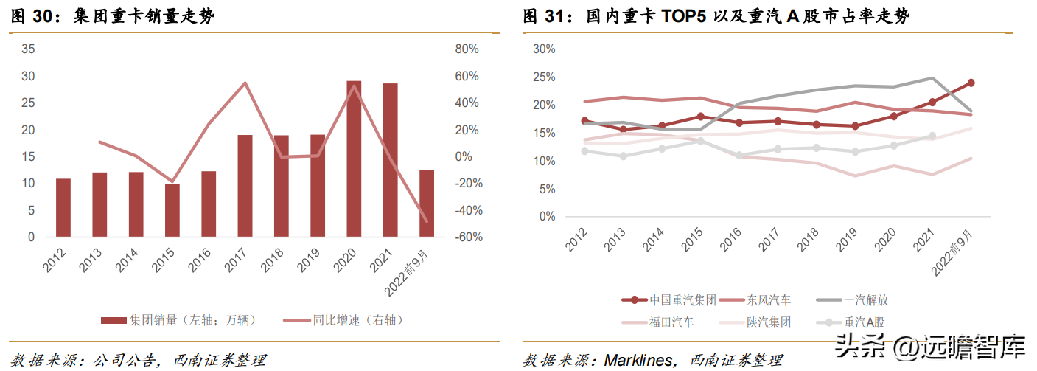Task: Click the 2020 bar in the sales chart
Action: click(x=354, y=159)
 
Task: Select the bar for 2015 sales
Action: click(x=172, y=210)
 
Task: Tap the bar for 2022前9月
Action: click(x=427, y=204)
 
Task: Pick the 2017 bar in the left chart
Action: click(x=245, y=186)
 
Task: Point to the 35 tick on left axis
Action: click(x=29, y=49)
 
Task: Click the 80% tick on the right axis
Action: click(x=467, y=49)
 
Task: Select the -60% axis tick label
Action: click(x=467, y=237)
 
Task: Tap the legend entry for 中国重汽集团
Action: click(x=671, y=300)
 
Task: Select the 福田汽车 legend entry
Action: click(x=660, y=322)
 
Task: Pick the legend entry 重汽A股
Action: click(x=854, y=322)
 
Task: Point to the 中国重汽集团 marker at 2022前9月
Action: click(x=971, y=83)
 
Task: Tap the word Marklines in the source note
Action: click(x=638, y=360)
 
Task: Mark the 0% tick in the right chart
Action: click(x=546, y=217)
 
